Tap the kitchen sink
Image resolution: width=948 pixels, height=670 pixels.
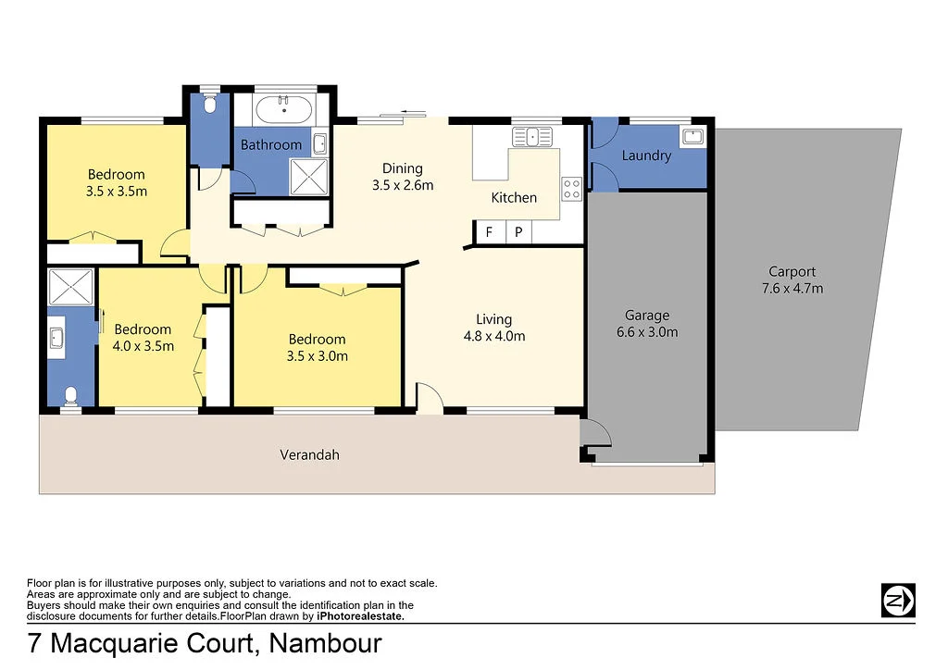coord(533,137)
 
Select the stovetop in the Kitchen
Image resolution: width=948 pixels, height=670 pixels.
coord(571,190)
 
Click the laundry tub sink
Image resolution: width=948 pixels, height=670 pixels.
coord(692,138)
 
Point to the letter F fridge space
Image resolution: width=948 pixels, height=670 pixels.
coord(489,232)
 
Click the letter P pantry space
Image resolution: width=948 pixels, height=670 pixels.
coord(518,232)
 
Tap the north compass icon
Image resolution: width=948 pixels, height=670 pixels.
coord(897,600)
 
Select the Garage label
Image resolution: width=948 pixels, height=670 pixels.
coord(646,315)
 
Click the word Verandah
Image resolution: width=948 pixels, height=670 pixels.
coord(309,454)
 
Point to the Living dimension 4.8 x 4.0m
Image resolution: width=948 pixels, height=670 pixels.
coord(493,336)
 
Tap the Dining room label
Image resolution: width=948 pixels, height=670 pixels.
coord(403,168)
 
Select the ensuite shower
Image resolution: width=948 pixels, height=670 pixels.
coord(70,287)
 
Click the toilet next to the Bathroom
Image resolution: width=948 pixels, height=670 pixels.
coord(208,105)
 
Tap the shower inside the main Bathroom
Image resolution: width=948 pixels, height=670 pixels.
coord(307,175)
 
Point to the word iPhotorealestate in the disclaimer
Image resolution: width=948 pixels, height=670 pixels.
coord(360,615)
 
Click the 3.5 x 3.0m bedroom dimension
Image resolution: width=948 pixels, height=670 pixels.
coord(317,355)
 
